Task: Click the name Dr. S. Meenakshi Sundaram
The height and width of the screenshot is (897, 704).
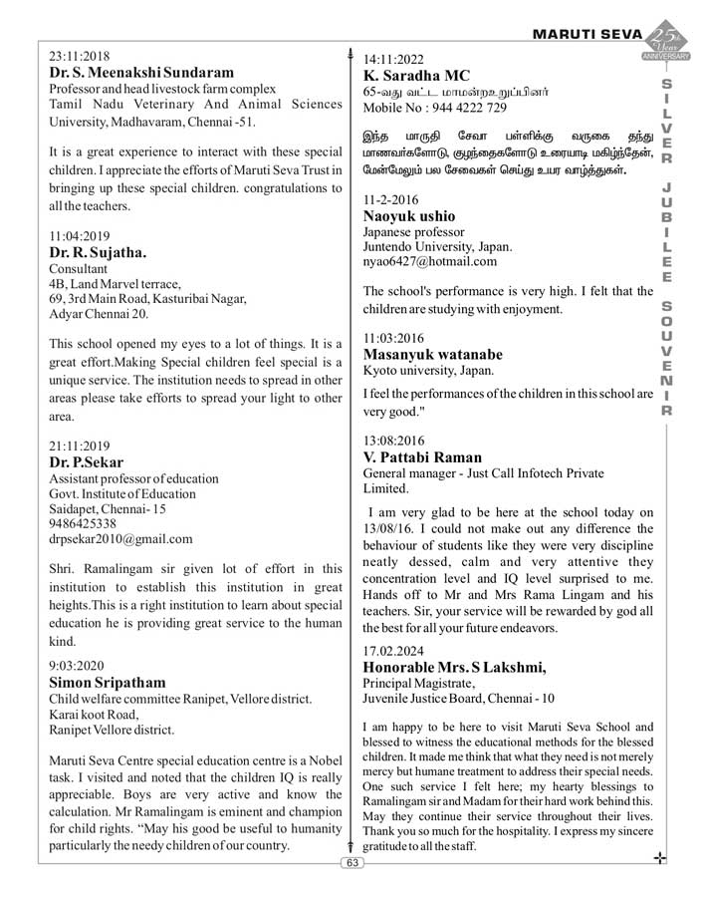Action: pyautogui.click(x=142, y=73)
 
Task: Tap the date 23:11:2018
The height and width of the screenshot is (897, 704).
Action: pyautogui.click(x=80, y=56)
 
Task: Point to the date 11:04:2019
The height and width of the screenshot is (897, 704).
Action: pyautogui.click(x=80, y=236)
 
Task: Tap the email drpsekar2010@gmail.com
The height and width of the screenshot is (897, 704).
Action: pyautogui.click(x=120, y=539)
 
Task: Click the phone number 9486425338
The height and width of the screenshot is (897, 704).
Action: pyautogui.click(x=90, y=523)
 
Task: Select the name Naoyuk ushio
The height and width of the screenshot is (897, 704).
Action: pyautogui.click(x=409, y=215)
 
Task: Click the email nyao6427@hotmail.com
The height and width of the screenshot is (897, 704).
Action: pyautogui.click(x=429, y=261)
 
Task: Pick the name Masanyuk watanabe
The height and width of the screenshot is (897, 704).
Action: pyautogui.click(x=433, y=354)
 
